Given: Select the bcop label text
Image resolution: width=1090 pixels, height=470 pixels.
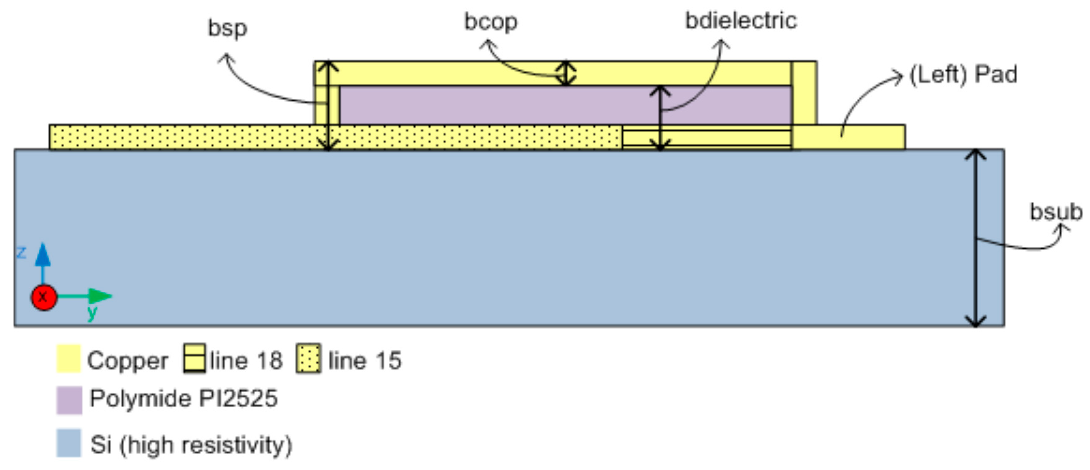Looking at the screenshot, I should point(490,22).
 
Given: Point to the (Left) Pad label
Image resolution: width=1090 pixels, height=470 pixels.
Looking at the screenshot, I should point(963,75).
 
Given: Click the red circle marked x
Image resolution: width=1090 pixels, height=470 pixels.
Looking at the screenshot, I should point(44,297).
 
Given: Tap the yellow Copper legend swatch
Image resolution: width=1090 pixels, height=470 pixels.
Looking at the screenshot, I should point(68,359).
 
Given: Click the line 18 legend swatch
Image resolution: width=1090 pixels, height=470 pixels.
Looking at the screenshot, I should point(195,358).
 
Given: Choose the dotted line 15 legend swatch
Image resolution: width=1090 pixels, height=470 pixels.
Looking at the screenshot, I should point(308,359).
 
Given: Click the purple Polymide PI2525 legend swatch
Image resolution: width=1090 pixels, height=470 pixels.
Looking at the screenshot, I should point(69,400).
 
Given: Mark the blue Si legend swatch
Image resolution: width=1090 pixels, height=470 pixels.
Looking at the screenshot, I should point(68,443).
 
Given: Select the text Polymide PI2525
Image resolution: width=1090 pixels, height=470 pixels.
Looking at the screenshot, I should point(183,398).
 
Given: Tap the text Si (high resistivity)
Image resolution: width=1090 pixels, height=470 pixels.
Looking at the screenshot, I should point(191,445).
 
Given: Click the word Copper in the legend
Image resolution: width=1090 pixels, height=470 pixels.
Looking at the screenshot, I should point(127,361).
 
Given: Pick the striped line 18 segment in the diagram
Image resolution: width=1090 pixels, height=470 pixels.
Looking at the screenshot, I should point(707,138).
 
